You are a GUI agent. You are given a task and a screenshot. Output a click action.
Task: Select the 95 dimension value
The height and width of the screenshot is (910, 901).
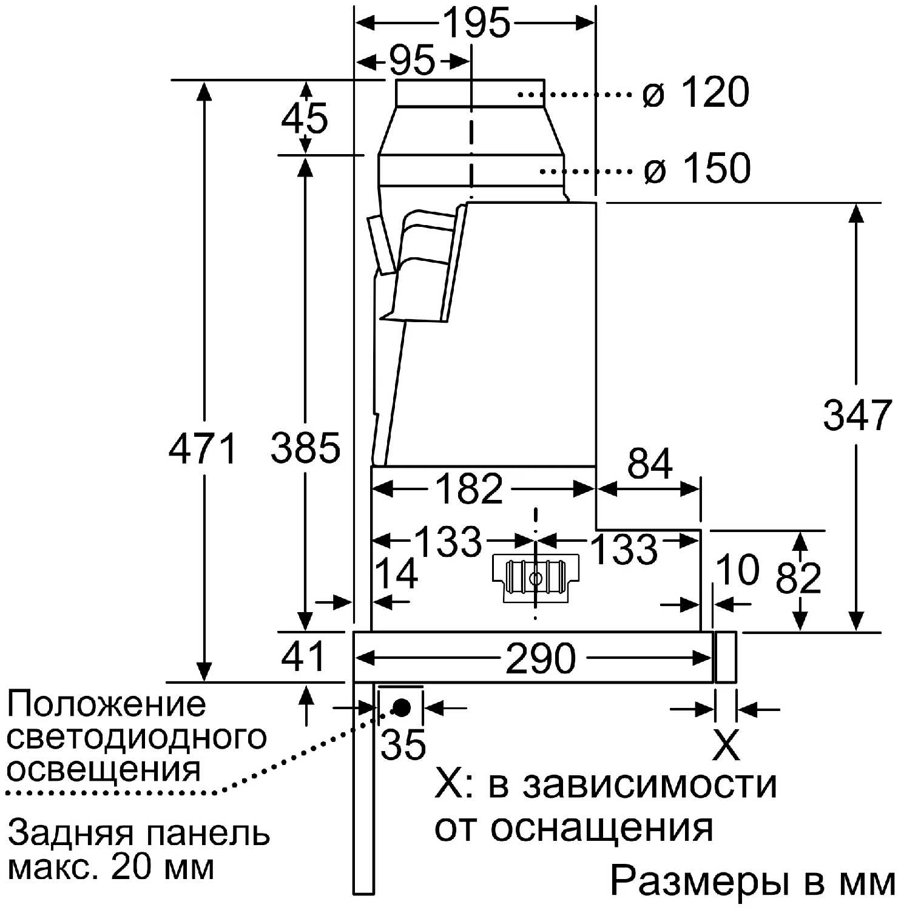pos(412,61)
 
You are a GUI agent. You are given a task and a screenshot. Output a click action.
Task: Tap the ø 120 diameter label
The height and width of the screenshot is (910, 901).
pos(697,93)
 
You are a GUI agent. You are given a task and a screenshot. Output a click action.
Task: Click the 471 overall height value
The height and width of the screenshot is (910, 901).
pos(203,449)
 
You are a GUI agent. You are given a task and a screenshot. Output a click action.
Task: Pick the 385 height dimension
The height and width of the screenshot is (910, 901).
pos(305,449)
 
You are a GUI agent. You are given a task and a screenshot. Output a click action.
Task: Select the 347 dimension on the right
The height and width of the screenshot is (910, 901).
pos(857,416)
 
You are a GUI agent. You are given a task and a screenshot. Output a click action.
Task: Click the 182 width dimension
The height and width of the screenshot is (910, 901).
pos(470,488)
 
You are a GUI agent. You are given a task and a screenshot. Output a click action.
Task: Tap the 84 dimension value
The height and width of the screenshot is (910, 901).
pos(650,464)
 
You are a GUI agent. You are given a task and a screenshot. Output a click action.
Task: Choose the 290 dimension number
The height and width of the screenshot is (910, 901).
pos(540,659)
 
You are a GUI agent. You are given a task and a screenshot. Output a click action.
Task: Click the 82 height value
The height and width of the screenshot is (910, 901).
pos(798,578)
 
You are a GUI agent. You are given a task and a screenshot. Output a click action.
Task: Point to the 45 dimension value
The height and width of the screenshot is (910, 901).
pos(305,118)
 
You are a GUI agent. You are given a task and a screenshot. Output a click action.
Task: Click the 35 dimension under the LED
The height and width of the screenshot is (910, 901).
pos(403,744)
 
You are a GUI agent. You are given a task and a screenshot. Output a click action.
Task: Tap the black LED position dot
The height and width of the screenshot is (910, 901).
pos(402,707)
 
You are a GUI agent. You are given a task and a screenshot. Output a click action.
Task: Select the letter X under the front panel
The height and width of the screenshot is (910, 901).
pos(726,744)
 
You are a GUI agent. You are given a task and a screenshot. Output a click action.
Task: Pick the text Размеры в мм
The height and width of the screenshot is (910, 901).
pos(752,881)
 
